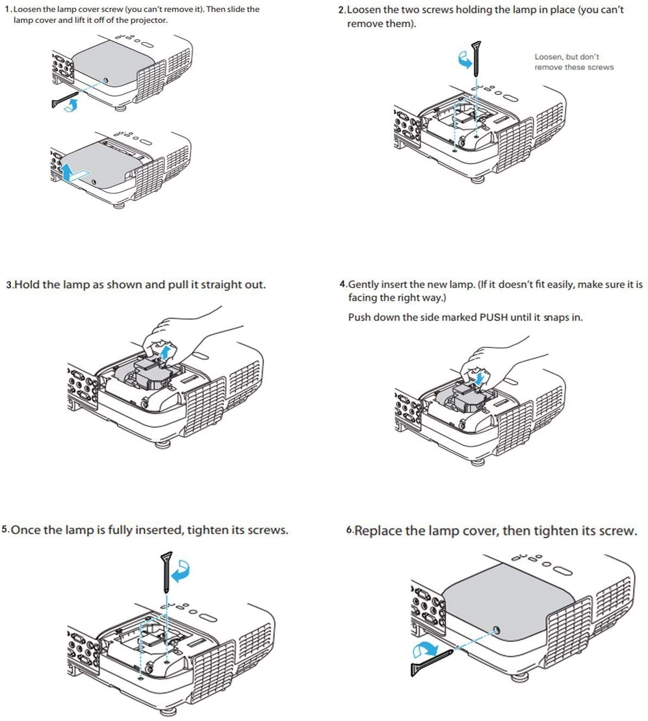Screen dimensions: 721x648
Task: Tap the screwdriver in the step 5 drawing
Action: pos(167,571)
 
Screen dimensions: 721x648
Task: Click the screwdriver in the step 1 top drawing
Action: pos(65,100)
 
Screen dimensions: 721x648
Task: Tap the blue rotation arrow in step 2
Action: pos(464,61)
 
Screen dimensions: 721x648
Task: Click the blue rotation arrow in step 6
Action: pos(426,649)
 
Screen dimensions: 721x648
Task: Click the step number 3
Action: pos(9,285)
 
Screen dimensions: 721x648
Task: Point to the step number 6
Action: pos(349,531)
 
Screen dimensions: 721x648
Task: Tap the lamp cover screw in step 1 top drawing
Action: pos(105,81)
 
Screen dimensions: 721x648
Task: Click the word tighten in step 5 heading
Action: pos(208,530)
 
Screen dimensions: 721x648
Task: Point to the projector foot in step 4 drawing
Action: pos(477,462)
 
